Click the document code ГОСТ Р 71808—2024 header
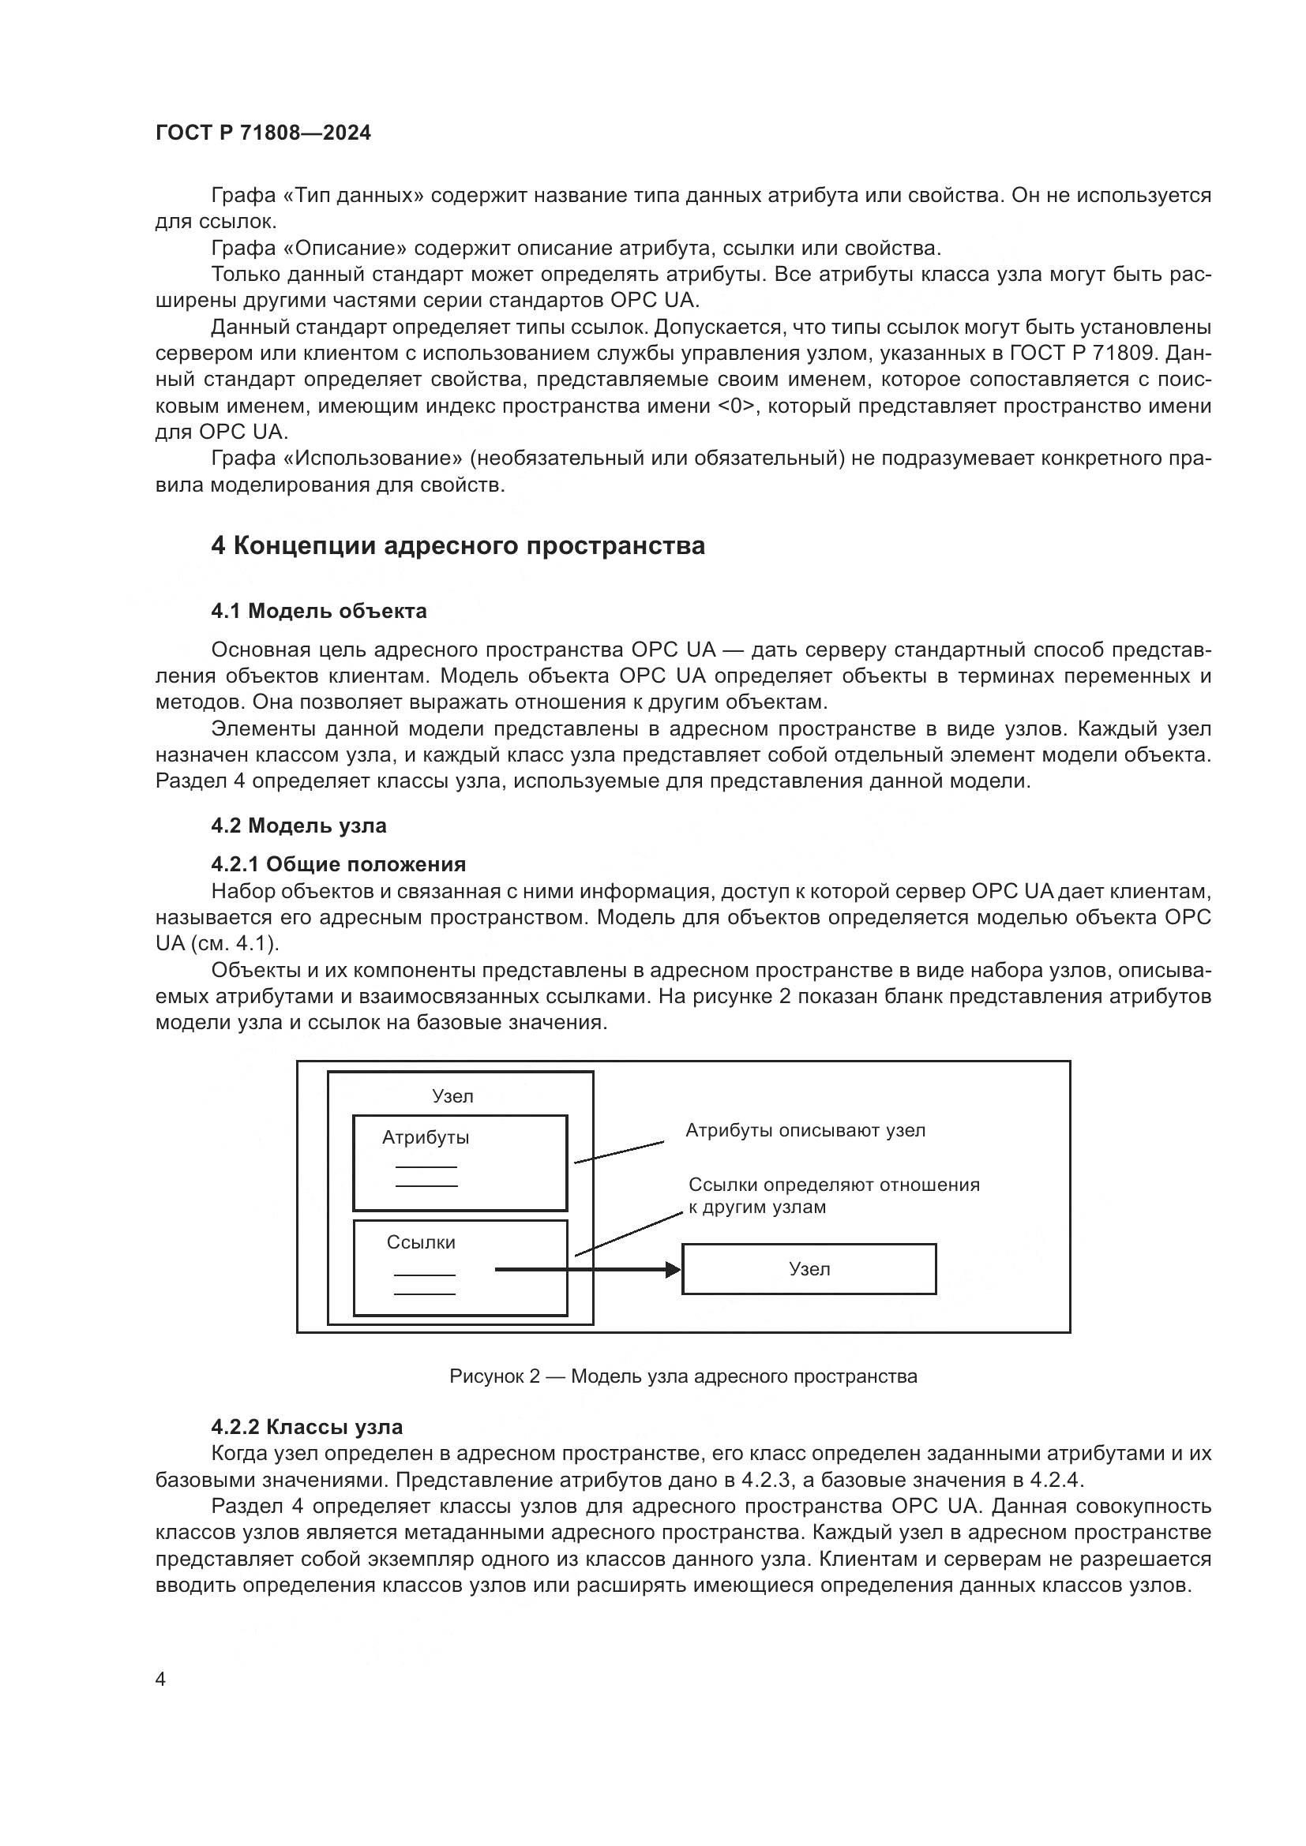coord(263,133)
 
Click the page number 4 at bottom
coord(160,1679)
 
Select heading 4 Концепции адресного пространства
coord(458,546)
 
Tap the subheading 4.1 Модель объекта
coord(318,611)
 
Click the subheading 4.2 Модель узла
coord(298,826)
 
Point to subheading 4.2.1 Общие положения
coord(338,864)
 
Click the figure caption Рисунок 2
coord(683,1376)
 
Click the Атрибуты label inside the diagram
coord(426,1138)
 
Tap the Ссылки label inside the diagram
coord(421,1242)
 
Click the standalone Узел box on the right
coord(809,1269)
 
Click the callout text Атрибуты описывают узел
coord(805,1130)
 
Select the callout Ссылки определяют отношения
coord(834,1185)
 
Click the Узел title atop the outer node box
coord(452,1097)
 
